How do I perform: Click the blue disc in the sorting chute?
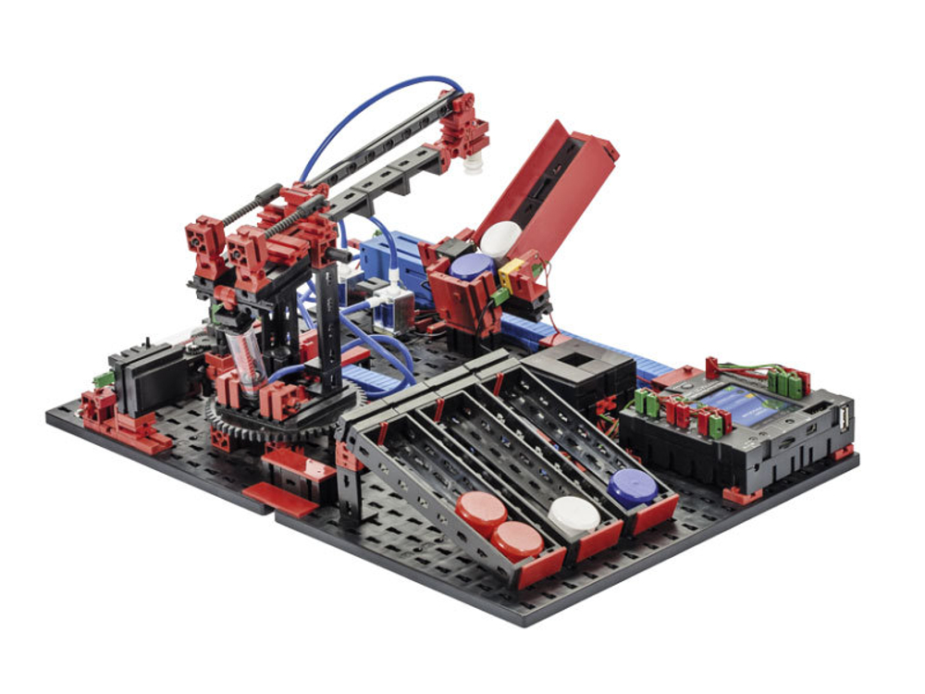click(633, 486)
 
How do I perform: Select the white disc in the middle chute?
click(573, 514)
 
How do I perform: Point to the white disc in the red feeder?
click(500, 238)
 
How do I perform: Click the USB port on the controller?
click(843, 418)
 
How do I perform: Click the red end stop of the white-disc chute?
click(598, 541)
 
